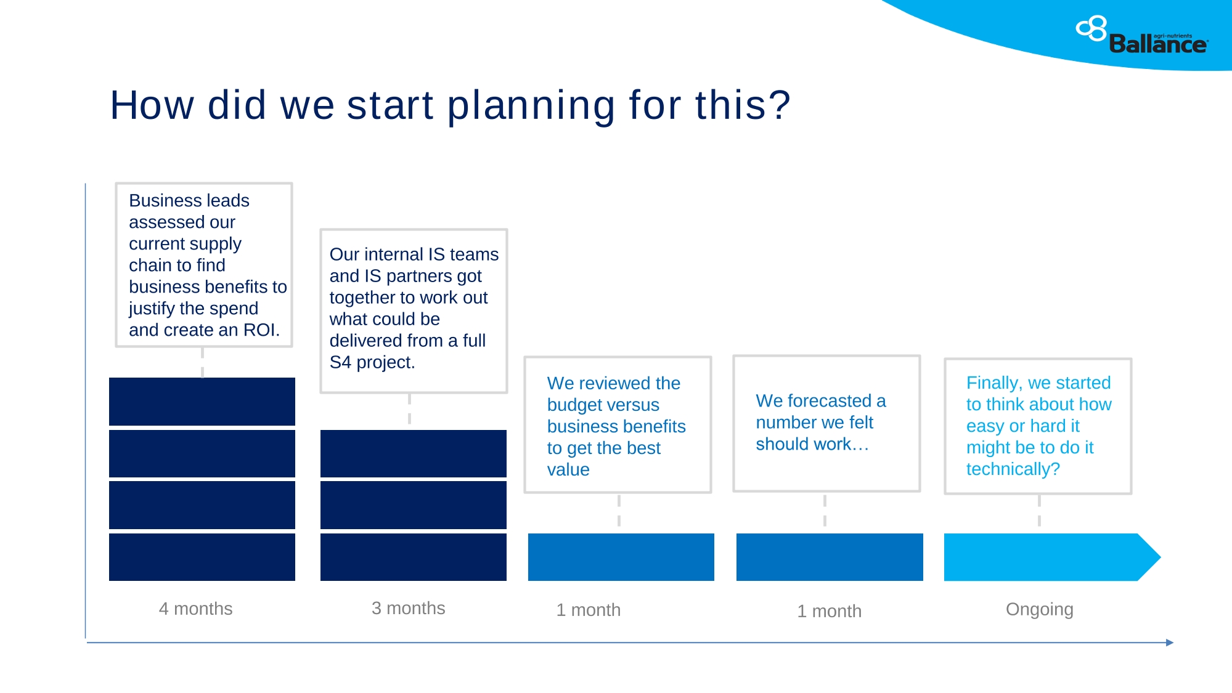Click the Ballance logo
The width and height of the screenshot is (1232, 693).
(1142, 36)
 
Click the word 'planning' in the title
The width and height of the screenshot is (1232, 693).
(531, 106)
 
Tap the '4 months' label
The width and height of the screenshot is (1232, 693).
(195, 609)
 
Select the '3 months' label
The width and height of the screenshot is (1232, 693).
(408, 608)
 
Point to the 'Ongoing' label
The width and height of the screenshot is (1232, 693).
(1039, 609)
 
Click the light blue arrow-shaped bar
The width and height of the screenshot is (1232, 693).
(1051, 557)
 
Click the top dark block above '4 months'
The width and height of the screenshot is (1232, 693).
(202, 401)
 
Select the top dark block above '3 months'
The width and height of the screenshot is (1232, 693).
(414, 453)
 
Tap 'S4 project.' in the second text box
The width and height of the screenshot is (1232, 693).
(372, 362)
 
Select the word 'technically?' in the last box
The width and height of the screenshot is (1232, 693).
(1013, 469)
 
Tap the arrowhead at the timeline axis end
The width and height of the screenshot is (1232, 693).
(1170, 642)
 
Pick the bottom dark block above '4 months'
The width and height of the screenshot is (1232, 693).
(202, 557)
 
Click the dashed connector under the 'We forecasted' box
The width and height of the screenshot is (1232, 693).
(825, 511)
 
